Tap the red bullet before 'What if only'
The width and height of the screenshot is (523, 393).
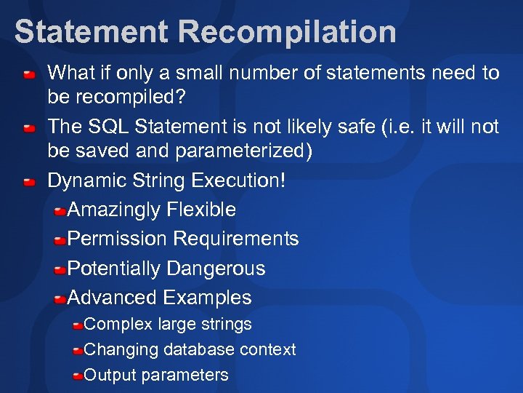click(28, 74)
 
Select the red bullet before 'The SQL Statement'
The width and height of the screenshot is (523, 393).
click(28, 129)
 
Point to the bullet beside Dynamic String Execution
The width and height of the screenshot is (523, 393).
click(28, 183)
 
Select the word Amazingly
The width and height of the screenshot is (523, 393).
click(114, 210)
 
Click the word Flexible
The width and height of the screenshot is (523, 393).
click(201, 210)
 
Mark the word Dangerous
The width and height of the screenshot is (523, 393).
click(216, 269)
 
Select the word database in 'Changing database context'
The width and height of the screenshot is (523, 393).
click(199, 349)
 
